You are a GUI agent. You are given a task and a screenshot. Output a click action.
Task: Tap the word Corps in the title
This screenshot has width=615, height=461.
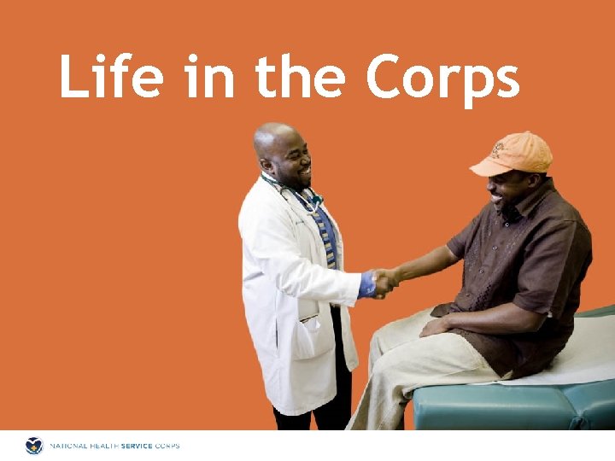(x=442, y=79)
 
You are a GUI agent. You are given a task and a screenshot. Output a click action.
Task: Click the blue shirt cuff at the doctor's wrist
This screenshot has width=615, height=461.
(x=367, y=285)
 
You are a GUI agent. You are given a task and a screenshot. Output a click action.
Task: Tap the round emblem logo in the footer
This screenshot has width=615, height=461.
(x=34, y=446)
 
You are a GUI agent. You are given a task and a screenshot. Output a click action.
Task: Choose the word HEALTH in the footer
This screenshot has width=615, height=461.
(x=108, y=446)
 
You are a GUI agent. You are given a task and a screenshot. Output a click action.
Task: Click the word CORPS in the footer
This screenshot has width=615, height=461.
(x=169, y=446)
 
